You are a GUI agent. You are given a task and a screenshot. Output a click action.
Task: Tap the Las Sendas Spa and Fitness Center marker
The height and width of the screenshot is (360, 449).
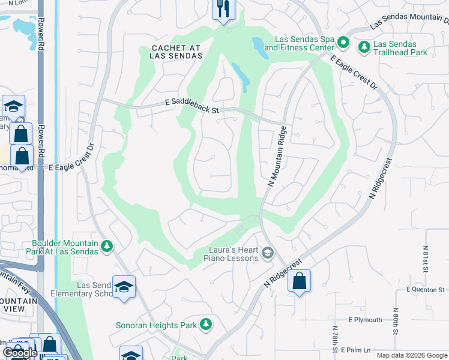tap(343, 43)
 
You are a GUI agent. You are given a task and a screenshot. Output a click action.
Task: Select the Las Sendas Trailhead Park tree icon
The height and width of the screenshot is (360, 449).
tap(364, 46)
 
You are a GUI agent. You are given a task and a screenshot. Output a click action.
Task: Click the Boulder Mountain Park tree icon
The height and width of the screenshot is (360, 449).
tap(106, 246)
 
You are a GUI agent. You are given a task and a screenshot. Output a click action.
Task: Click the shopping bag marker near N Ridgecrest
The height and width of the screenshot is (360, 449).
tap(299, 281)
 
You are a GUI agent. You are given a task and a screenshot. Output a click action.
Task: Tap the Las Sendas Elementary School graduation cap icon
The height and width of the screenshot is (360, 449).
tap(124, 287)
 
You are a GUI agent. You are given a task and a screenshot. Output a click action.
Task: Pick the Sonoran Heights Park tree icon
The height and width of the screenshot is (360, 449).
tap(206, 325)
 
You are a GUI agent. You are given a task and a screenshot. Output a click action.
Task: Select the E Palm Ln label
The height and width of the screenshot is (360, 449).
tap(356, 349)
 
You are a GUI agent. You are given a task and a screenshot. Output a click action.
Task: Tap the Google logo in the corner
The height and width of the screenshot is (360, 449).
tap(20, 353)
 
